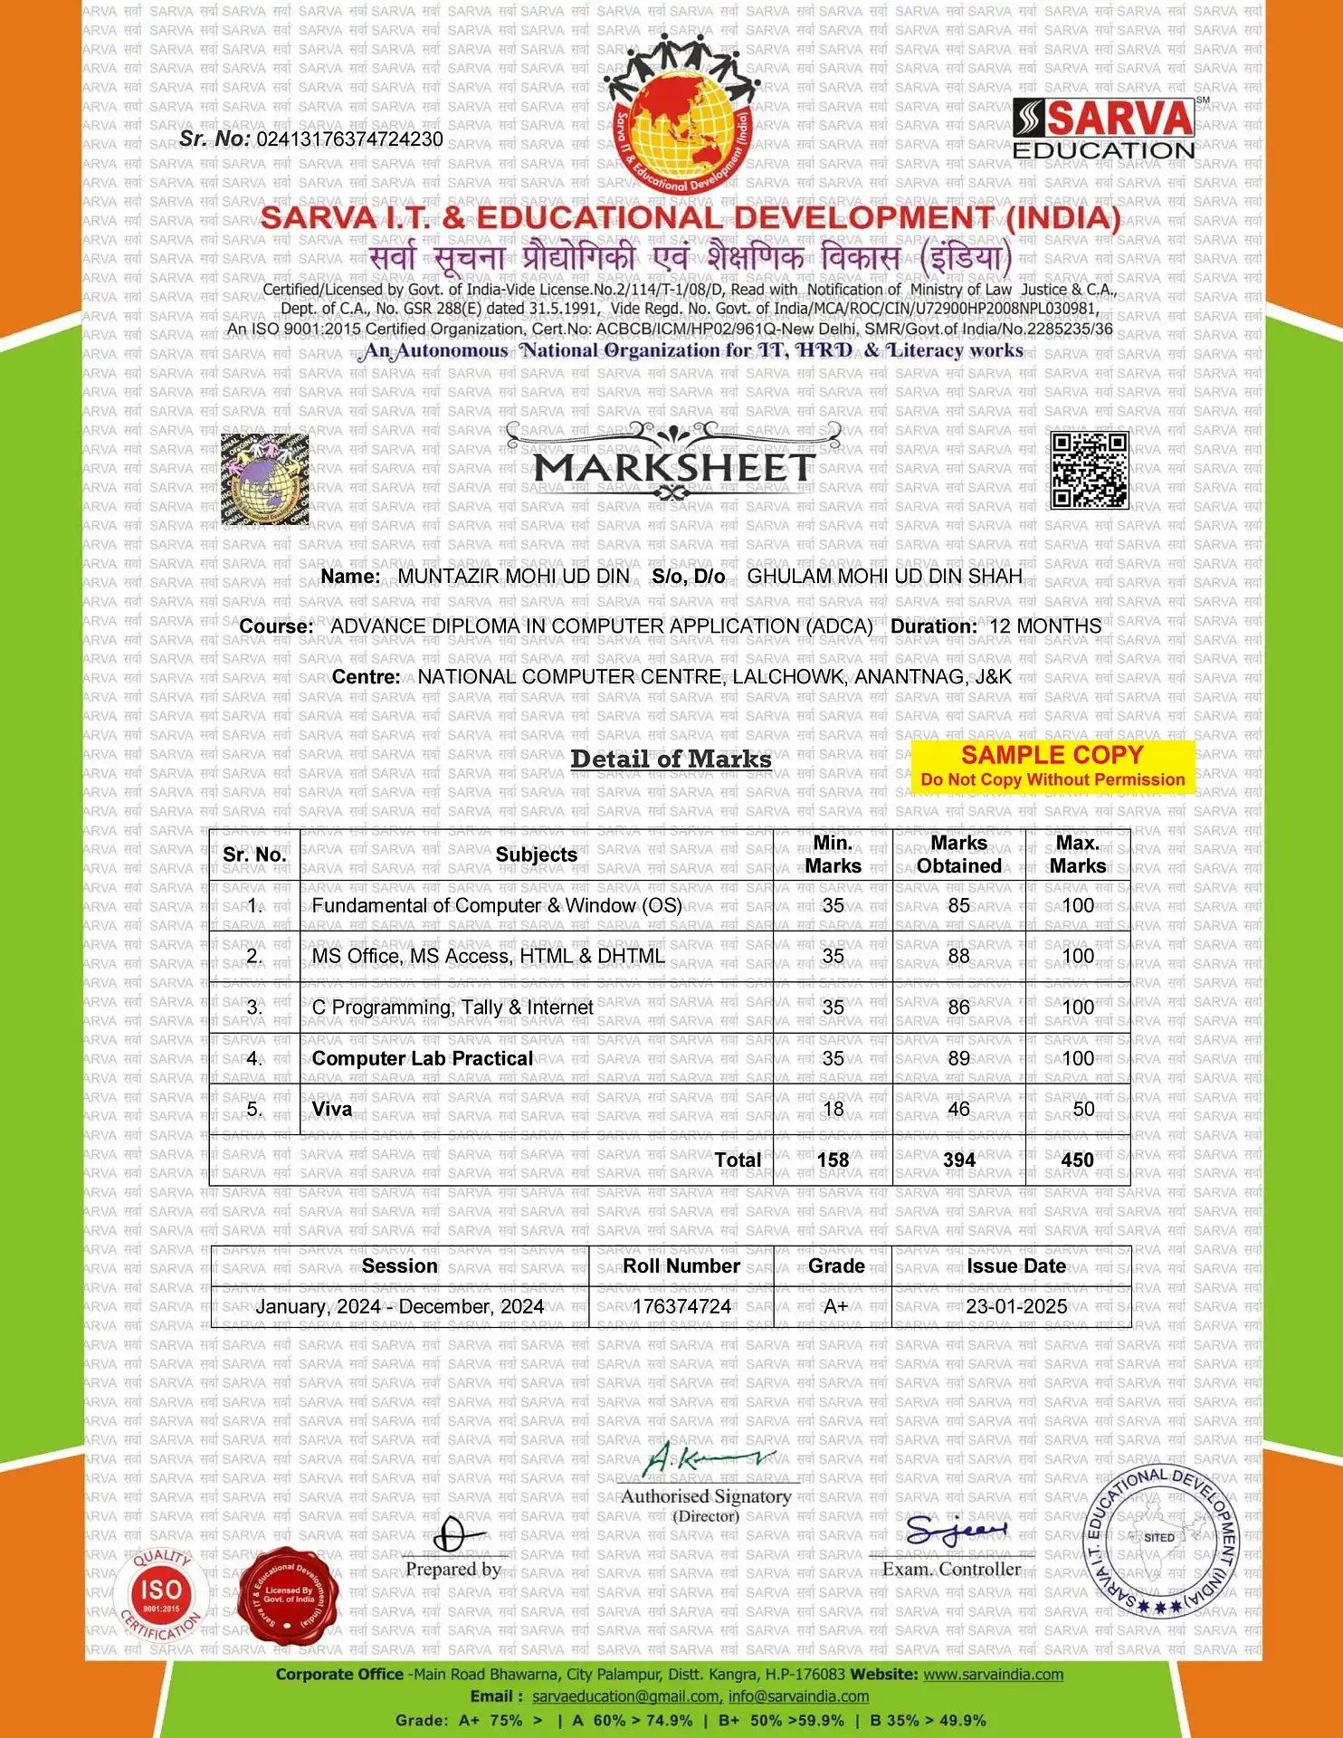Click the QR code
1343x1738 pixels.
1089,470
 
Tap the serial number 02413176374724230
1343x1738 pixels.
349,139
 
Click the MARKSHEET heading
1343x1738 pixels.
674,468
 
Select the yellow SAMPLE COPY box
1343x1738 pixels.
1052,766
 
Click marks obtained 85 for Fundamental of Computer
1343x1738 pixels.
958,905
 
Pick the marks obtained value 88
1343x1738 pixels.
958,956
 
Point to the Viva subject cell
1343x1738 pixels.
332,1109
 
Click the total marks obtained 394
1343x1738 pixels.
958,1160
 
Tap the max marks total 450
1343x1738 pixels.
1077,1160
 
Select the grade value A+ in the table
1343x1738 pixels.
835,1306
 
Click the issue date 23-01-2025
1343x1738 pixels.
1016,1306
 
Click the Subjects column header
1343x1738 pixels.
536,855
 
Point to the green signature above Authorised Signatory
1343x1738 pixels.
706,1458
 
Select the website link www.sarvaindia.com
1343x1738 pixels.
993,1675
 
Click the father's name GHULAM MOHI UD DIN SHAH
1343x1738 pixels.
884,577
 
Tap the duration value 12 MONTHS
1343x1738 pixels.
1045,626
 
